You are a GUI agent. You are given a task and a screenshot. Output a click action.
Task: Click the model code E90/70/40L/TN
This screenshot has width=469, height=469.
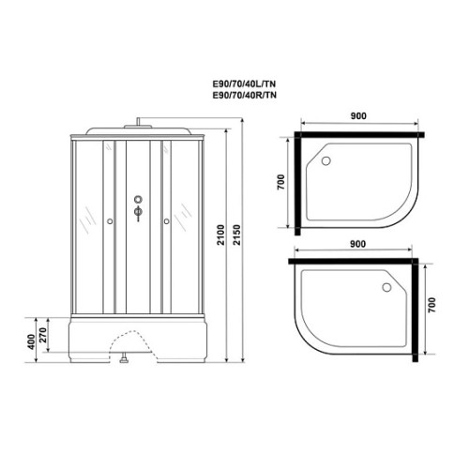[244, 84]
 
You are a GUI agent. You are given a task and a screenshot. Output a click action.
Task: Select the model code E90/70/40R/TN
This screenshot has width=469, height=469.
[245, 95]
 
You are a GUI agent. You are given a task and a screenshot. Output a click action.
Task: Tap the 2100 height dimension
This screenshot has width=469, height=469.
[221, 234]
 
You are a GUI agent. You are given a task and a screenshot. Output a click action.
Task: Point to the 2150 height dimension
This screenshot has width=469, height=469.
[237, 234]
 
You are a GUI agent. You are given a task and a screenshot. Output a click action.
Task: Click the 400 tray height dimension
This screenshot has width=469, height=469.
[31, 342]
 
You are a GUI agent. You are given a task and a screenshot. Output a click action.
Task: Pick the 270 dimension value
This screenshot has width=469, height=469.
[43, 335]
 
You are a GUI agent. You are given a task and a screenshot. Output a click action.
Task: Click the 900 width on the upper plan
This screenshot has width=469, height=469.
[358, 116]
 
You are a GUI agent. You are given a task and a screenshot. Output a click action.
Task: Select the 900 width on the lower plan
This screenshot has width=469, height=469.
[357, 244]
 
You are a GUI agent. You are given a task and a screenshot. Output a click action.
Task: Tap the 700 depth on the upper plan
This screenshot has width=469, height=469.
[281, 182]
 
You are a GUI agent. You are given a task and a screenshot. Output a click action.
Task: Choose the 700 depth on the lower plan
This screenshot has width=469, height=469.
[431, 306]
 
